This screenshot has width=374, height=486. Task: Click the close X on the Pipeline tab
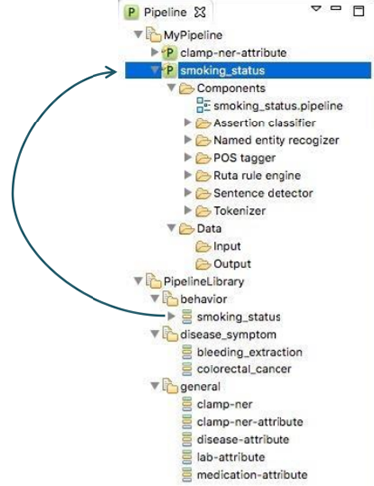(199, 13)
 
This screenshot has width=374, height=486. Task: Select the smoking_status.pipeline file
(262, 106)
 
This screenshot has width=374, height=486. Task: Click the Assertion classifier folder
(264, 122)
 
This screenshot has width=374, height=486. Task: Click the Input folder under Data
(226, 246)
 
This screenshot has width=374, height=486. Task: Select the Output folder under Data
(231, 264)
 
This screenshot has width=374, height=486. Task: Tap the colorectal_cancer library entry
(243, 369)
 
